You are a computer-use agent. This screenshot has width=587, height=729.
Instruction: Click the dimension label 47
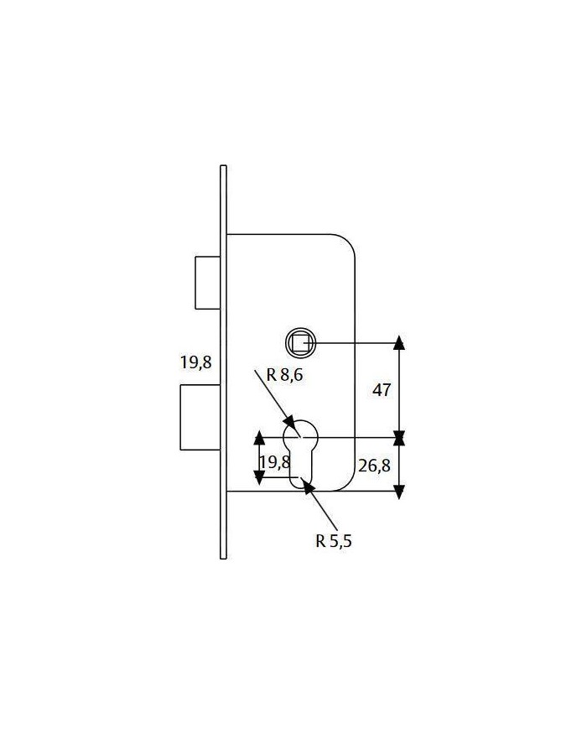click(x=382, y=390)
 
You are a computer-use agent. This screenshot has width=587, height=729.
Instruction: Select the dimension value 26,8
click(x=374, y=466)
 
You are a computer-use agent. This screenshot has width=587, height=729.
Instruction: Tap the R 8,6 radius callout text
click(x=284, y=374)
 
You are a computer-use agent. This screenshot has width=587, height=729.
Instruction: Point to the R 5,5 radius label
click(x=334, y=541)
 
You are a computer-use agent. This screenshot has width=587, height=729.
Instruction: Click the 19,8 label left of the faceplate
click(x=195, y=362)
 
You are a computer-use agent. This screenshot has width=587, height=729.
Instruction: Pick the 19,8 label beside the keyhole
click(x=275, y=462)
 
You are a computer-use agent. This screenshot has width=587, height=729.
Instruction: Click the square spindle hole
click(x=300, y=343)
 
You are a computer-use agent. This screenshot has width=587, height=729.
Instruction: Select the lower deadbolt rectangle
click(x=200, y=418)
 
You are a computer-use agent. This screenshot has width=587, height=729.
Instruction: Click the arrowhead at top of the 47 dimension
click(x=399, y=341)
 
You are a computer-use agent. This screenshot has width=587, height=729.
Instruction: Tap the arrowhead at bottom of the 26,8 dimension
click(x=399, y=492)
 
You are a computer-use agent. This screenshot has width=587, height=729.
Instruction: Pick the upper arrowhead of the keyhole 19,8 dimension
click(x=259, y=438)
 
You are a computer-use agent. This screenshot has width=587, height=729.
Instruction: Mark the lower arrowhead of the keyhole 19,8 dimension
click(x=259, y=477)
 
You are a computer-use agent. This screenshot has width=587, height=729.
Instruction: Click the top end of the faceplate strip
click(x=224, y=166)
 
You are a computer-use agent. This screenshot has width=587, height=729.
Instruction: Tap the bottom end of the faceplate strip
click(x=224, y=557)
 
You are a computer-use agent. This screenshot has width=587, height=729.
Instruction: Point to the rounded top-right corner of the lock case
click(x=348, y=242)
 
